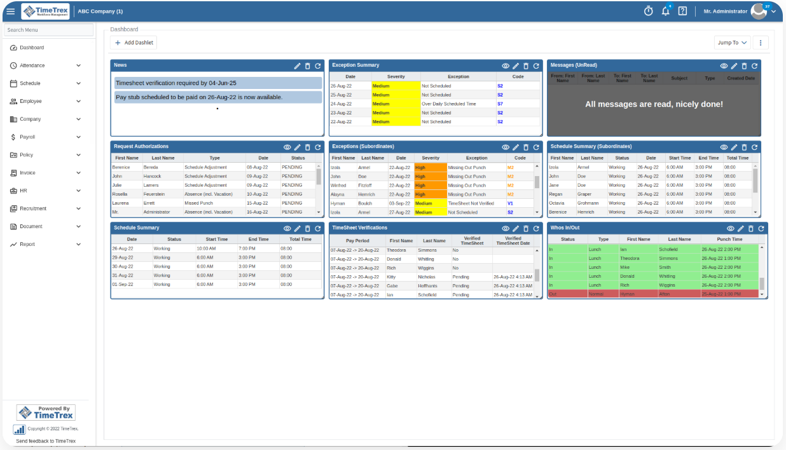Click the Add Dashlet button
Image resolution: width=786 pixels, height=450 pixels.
tap(133, 43)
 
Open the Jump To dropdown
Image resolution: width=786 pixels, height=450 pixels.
tap(732, 43)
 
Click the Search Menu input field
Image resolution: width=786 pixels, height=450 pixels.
tap(48, 30)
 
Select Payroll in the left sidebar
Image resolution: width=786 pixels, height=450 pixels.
tap(27, 137)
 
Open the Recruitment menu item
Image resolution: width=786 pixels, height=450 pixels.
tap(33, 208)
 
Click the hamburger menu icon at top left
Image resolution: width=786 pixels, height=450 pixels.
tap(10, 11)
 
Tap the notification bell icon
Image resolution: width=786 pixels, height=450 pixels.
tap(665, 11)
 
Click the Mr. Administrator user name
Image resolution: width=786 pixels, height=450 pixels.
tap(725, 11)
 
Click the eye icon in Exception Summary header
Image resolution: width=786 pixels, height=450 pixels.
tap(506, 65)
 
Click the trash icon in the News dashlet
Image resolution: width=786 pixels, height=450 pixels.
tap(308, 65)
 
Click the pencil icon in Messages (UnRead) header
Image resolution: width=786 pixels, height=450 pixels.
tap(734, 65)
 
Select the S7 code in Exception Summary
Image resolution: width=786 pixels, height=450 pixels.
tap(500, 104)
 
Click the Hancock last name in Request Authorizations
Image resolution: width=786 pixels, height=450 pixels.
tap(152, 176)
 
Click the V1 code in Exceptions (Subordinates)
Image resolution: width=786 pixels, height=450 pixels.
tap(510, 203)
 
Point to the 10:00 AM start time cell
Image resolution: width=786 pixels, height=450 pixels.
tap(207, 249)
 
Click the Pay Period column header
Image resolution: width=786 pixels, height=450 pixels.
tap(358, 241)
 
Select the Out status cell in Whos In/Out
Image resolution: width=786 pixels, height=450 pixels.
tap(553, 294)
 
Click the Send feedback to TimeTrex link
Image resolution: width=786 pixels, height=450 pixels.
tap(46, 441)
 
